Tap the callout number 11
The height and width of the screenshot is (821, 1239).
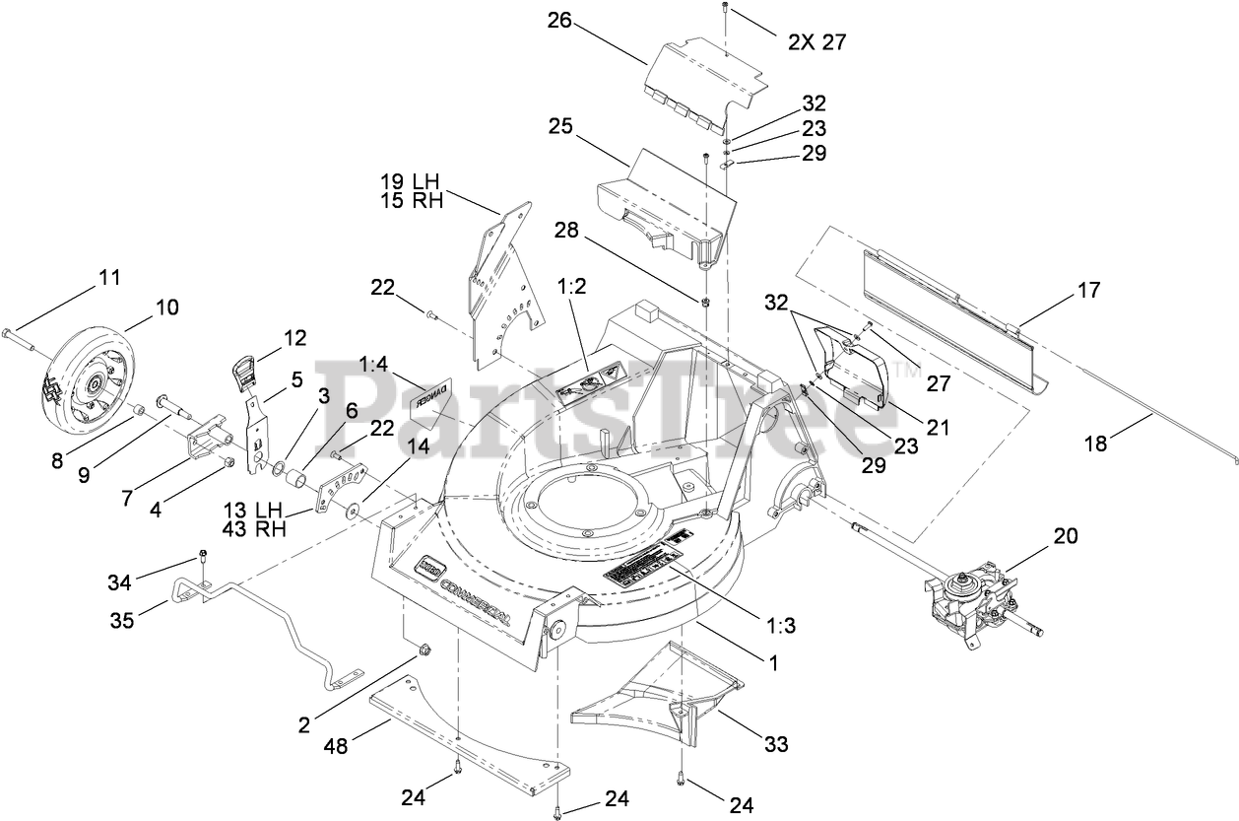pyautogui.click(x=109, y=278)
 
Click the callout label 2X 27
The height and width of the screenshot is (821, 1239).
pyautogui.click(x=816, y=42)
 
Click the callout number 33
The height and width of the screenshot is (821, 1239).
pyautogui.click(x=776, y=745)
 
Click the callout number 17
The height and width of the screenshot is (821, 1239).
pyautogui.click(x=1088, y=291)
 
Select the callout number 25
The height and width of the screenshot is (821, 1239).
pyautogui.click(x=559, y=128)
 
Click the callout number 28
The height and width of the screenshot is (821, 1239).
pyautogui.click(x=565, y=231)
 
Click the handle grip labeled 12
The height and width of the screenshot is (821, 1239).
pyautogui.click(x=246, y=374)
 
